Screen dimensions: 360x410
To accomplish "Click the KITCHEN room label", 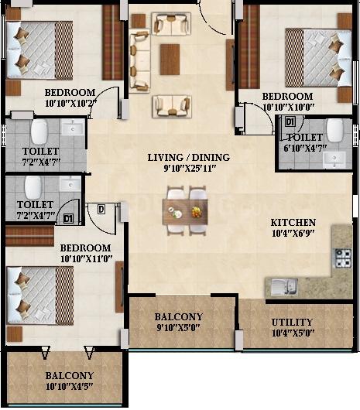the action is click(293, 223).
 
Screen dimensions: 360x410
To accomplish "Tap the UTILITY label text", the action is click(292, 322).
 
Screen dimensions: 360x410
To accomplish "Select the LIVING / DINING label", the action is click(189, 157).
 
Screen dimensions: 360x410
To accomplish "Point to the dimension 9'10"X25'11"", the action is click(190, 169).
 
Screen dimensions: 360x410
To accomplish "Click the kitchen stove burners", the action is click(343, 258).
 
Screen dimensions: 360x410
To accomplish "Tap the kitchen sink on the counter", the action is click(284, 286).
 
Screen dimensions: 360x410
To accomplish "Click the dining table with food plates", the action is click(185, 212).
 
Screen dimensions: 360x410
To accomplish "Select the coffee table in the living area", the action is click(170, 60).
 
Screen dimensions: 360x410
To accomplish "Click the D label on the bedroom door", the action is click(101, 209).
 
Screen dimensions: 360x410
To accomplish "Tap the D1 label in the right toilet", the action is click(290, 122).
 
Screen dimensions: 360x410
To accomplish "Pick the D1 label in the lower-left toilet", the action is click(68, 218).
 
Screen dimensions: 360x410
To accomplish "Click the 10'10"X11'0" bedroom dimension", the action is click(87, 259).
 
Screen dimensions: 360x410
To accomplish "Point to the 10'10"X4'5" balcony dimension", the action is click(70, 386).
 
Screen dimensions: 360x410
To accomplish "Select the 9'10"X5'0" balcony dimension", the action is click(178, 327).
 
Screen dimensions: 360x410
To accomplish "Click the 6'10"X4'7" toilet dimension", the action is click(305, 148).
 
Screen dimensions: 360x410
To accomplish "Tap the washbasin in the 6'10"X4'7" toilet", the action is click(334, 160).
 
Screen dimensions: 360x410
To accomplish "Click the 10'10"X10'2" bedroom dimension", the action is click(71, 104).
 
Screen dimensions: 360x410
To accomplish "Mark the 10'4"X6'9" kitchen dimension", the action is click(293, 234).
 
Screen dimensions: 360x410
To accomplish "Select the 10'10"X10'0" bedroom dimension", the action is click(289, 107).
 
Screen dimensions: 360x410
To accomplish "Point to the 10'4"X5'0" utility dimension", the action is click(293, 333).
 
